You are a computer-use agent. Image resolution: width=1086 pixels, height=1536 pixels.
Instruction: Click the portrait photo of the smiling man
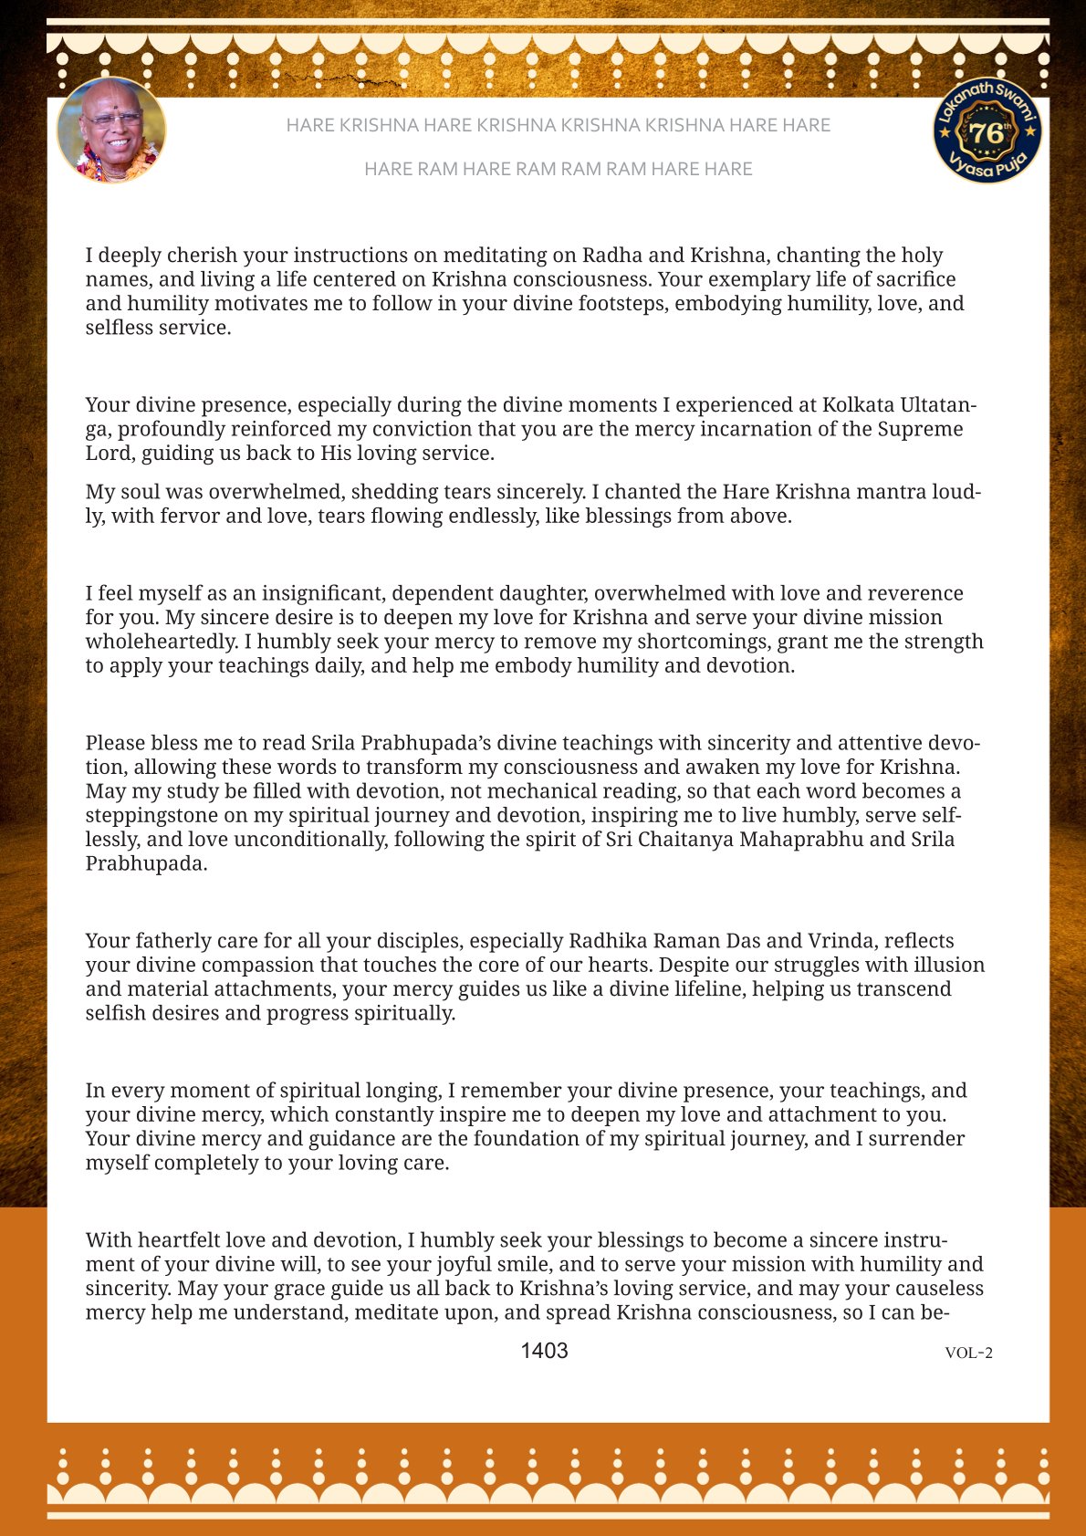[111, 130]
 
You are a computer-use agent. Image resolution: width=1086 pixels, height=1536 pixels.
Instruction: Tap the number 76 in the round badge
[986, 133]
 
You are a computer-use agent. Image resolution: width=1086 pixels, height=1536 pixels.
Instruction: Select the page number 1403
[544, 1351]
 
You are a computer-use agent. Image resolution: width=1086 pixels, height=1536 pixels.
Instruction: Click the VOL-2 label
[968, 1353]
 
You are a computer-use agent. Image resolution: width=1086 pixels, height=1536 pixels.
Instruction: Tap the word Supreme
[921, 429]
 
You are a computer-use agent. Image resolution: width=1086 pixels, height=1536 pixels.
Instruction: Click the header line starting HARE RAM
[558, 169]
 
